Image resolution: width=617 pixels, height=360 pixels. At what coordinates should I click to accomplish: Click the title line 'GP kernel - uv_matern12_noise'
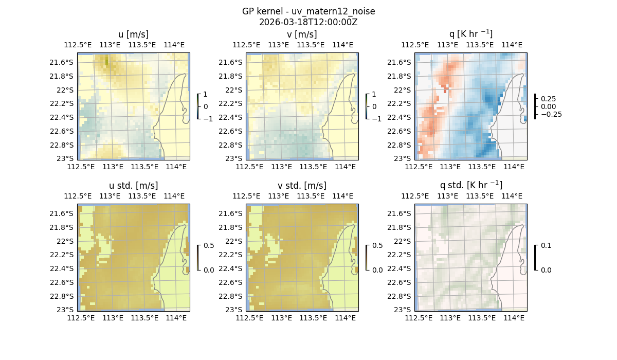pyautogui.click(x=308, y=11)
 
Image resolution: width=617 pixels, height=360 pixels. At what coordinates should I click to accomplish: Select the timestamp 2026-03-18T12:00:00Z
pyautogui.click(x=308, y=22)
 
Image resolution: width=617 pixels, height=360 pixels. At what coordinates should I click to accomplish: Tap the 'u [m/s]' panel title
pyautogui.click(x=133, y=34)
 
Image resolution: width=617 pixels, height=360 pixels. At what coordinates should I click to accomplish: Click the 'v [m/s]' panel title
pyautogui.click(x=302, y=34)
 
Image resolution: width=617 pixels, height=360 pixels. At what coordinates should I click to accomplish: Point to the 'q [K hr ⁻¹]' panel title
pyautogui.click(x=470, y=34)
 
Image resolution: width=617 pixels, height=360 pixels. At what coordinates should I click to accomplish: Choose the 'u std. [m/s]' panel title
pyautogui.click(x=133, y=186)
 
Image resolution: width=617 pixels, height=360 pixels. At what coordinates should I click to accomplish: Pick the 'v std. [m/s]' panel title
pyautogui.click(x=302, y=186)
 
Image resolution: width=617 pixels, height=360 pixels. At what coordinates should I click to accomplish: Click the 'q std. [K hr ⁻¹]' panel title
pyautogui.click(x=470, y=185)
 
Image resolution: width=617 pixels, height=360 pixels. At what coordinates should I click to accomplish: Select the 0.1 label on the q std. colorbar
pyautogui.click(x=546, y=246)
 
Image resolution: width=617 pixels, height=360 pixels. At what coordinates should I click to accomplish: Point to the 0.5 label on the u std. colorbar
pyautogui.click(x=208, y=246)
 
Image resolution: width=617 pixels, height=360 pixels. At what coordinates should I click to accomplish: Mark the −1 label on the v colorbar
pyautogui.click(x=376, y=119)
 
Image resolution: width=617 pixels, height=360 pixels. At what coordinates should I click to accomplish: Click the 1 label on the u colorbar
pyautogui.click(x=206, y=95)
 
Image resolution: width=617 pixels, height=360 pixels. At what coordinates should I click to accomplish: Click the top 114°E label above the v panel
pyautogui.click(x=342, y=45)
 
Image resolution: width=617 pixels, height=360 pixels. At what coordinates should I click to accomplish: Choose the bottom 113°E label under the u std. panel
pyautogui.click(x=113, y=318)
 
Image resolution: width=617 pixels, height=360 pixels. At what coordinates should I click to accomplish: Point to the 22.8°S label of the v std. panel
pyautogui.click(x=232, y=296)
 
